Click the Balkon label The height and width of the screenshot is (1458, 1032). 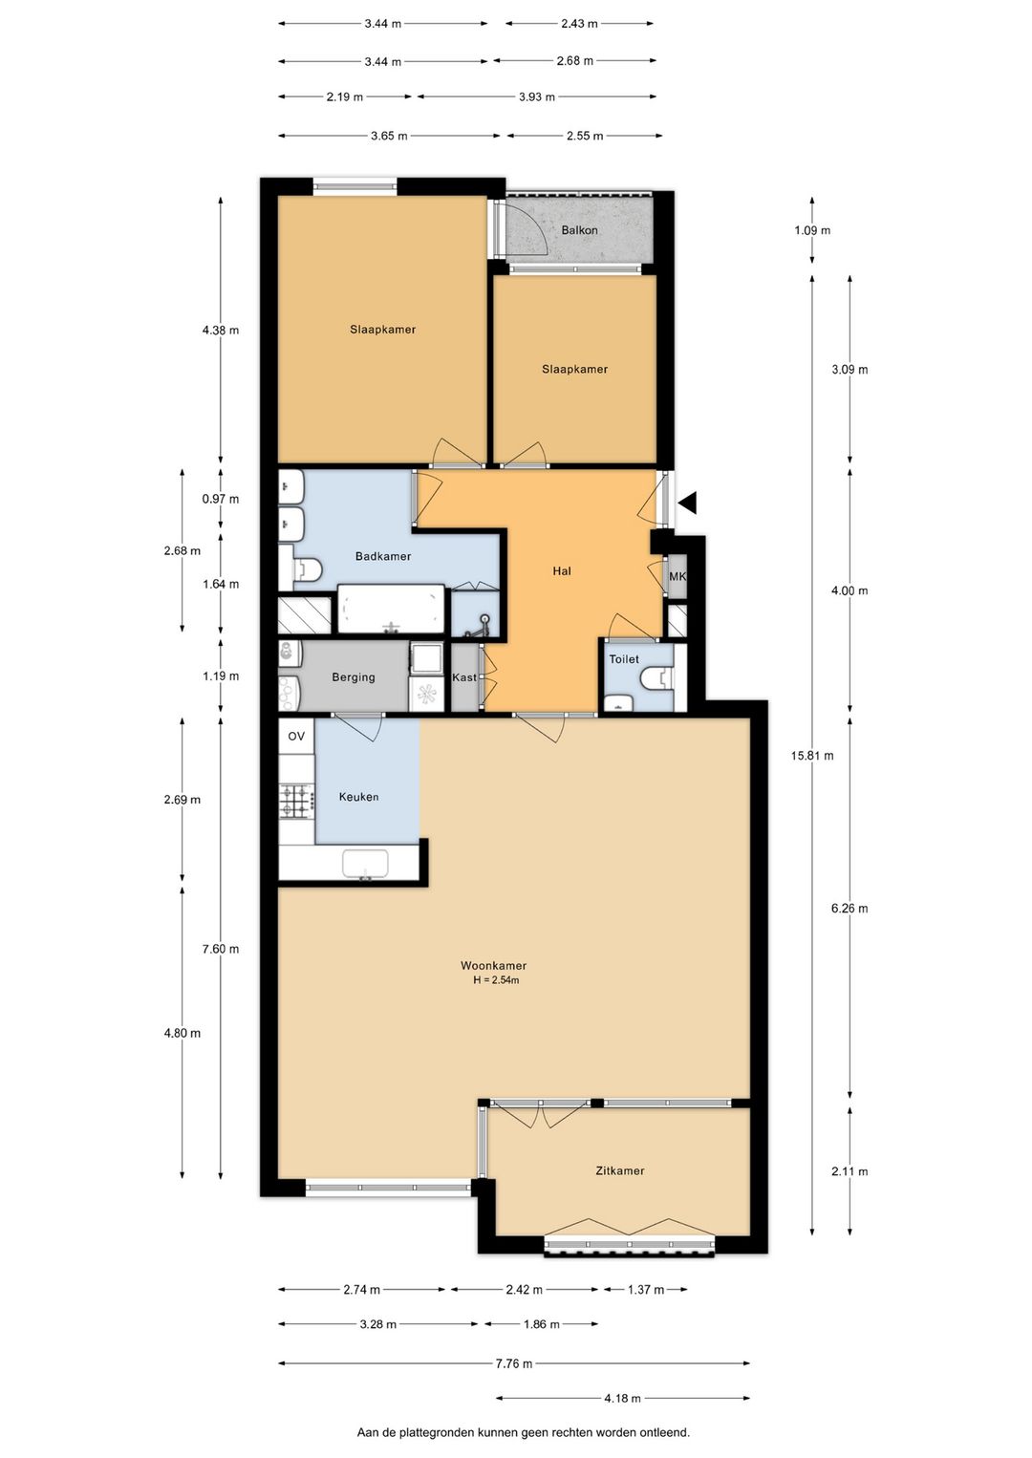click(579, 229)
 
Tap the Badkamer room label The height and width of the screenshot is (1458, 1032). click(383, 556)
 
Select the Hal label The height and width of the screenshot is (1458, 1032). click(561, 570)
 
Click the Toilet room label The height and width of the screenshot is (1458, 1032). click(624, 659)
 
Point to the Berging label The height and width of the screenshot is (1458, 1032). click(353, 676)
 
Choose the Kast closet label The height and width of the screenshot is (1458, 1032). click(464, 677)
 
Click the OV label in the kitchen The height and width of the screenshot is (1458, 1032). click(296, 736)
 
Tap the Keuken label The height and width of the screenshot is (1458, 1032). click(358, 797)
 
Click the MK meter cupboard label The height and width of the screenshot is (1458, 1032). click(677, 576)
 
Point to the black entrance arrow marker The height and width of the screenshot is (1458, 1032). click(688, 503)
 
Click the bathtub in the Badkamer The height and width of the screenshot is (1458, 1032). click(391, 610)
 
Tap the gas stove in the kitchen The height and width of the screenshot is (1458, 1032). click(297, 802)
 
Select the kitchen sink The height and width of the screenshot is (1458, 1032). click(365, 864)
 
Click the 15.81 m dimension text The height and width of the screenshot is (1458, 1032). click(812, 756)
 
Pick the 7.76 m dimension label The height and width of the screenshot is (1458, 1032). click(514, 1363)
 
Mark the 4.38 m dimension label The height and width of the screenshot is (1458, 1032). click(221, 330)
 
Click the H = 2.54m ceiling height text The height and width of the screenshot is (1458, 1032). click(496, 980)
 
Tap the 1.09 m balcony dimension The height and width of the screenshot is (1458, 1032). click(812, 229)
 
